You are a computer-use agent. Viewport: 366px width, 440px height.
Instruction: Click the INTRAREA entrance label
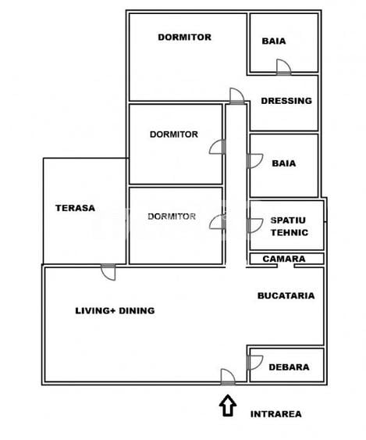pyautogui.click(x=275, y=414)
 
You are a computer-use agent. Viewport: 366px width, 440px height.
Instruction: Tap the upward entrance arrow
pyautogui.click(x=227, y=405)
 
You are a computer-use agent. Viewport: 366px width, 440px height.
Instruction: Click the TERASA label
pyautogui.click(x=75, y=208)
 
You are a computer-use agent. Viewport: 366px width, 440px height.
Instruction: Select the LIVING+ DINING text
pyautogui.click(x=115, y=310)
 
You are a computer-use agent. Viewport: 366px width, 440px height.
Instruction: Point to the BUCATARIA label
pyautogui.click(x=286, y=295)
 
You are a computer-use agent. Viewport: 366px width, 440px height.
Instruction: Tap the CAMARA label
pyautogui.click(x=283, y=259)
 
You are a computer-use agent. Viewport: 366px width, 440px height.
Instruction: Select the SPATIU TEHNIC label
pyautogui.click(x=289, y=227)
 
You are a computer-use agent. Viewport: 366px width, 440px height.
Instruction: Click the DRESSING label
pyautogui.click(x=286, y=101)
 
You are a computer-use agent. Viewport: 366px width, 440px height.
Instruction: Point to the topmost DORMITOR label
pyautogui.click(x=184, y=37)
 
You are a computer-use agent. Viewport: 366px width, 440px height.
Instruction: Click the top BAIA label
pyautogui.click(x=273, y=41)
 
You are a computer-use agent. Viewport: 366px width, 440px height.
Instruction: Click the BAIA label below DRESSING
pyautogui.click(x=283, y=163)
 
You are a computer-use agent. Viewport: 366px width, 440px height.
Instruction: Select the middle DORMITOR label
pyautogui.click(x=174, y=134)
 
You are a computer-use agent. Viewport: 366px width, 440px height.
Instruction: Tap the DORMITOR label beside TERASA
pyautogui.click(x=172, y=216)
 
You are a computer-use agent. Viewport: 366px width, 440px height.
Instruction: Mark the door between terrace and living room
pyautogui.click(x=108, y=272)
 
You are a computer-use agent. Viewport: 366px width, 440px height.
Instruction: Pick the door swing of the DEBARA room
pyautogui.click(x=254, y=363)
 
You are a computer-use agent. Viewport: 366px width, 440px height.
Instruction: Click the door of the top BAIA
pyautogui.click(x=283, y=68)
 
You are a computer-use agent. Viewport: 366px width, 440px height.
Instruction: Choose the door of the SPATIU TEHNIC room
pyautogui.click(x=254, y=225)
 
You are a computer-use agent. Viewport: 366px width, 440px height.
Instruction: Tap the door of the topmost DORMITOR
pyautogui.click(x=236, y=96)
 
